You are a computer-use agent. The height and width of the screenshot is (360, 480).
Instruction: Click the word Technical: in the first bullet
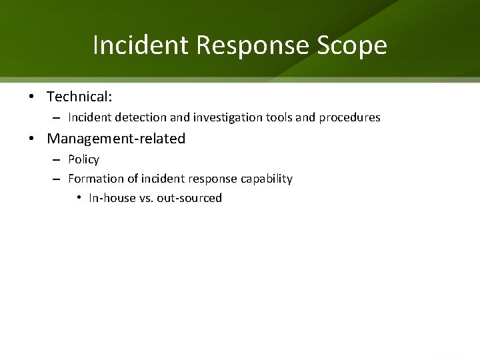pyautogui.click(x=79, y=97)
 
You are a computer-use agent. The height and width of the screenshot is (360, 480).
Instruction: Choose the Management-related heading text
pyautogui.click(x=116, y=139)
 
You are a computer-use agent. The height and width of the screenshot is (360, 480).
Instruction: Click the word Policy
pyautogui.click(x=83, y=159)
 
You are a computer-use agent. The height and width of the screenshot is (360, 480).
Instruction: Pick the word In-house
pyautogui.click(x=111, y=198)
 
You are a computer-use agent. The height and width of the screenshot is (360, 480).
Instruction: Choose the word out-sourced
pyautogui.click(x=189, y=198)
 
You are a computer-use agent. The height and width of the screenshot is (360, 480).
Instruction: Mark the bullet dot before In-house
pyautogui.click(x=79, y=198)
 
